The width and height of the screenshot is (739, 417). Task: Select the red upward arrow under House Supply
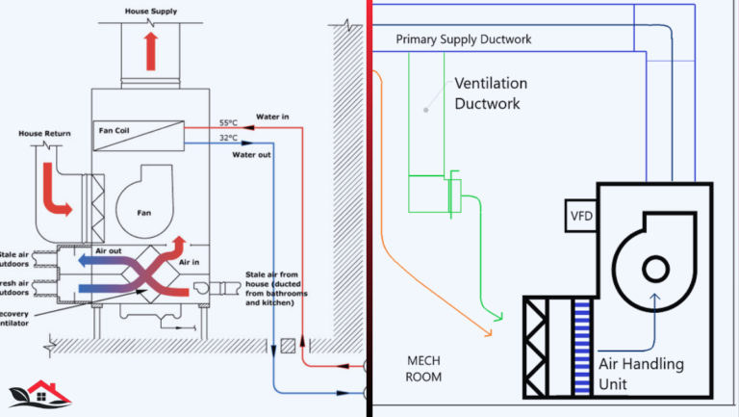point(151,49)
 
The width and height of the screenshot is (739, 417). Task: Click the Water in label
point(273,117)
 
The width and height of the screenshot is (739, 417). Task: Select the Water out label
point(252,152)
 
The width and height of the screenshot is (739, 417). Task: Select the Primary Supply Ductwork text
point(464,39)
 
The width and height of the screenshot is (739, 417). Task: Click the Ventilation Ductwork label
point(491,94)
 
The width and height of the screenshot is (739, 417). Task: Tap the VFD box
point(582,215)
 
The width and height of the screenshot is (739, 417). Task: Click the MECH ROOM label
point(423,368)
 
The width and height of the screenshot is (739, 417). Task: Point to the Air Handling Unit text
point(641,375)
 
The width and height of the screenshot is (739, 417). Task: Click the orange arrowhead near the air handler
point(486,331)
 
